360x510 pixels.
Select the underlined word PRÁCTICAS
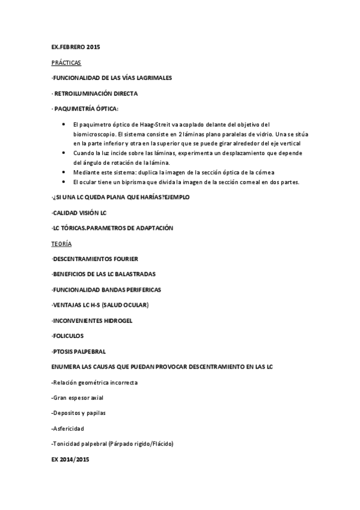click(66, 63)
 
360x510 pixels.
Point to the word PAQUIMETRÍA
click(78, 109)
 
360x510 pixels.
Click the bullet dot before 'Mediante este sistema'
click(64, 173)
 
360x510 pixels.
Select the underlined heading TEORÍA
click(62, 244)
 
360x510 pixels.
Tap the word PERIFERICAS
click(144, 289)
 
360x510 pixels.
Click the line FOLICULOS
click(67, 336)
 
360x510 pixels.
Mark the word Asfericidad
click(69, 428)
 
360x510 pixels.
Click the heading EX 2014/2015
click(70, 459)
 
